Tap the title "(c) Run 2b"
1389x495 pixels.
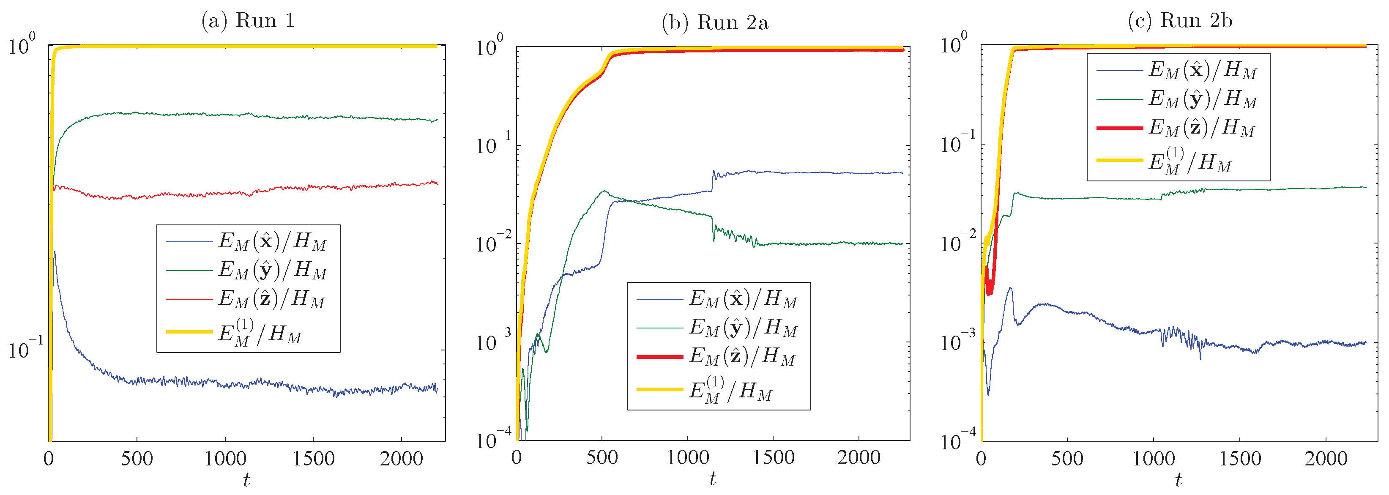point(1180,20)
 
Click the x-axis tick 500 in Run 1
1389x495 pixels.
point(137,459)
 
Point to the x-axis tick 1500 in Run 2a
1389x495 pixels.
point(773,458)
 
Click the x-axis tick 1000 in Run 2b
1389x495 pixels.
point(1154,459)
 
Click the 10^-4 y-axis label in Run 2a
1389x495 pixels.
point(492,440)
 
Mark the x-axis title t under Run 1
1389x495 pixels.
point(246,479)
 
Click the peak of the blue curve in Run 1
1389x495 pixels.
point(55,252)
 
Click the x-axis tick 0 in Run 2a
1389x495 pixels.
point(517,458)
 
